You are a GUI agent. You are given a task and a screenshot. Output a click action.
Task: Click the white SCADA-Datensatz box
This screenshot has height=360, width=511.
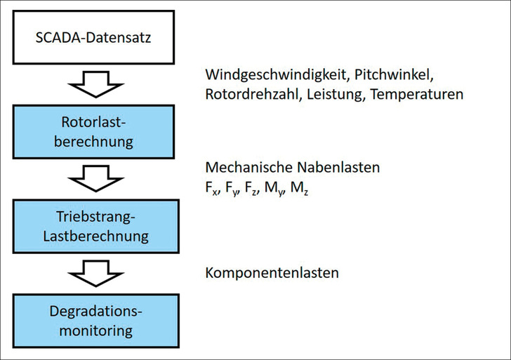click(x=103, y=37)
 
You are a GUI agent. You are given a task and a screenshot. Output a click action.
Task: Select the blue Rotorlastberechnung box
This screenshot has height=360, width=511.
click(x=103, y=131)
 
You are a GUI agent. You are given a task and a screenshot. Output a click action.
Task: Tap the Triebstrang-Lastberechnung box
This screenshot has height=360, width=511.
click(x=103, y=227)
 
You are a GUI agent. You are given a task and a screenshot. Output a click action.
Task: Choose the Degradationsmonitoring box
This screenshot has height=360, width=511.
click(x=103, y=321)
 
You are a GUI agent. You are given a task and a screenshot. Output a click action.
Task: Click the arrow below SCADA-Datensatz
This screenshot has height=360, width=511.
click(x=103, y=84)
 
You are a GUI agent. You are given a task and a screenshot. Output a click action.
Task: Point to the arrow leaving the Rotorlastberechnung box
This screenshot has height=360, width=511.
click(x=103, y=179)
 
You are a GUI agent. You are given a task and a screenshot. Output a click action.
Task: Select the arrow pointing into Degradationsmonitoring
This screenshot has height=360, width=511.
click(x=103, y=274)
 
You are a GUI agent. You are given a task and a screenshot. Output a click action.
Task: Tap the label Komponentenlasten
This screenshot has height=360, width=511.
click(x=272, y=272)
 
